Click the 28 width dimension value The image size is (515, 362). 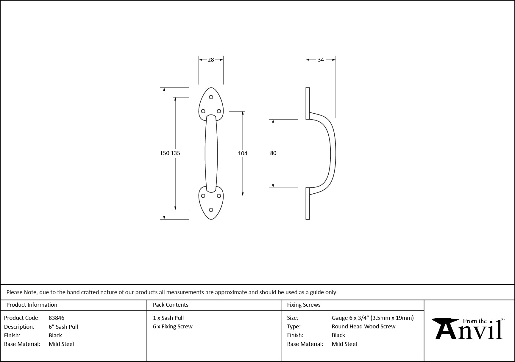(x=211, y=60)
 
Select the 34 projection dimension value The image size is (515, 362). (x=321, y=60)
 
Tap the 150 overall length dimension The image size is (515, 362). (x=165, y=153)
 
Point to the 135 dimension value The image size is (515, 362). (x=176, y=153)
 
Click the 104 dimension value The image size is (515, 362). (x=243, y=153)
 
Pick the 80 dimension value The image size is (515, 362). (x=273, y=153)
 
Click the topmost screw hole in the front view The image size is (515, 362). (x=211, y=97)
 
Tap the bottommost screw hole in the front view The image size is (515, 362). (x=211, y=210)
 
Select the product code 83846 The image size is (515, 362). (x=56, y=318)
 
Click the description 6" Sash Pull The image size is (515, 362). (x=63, y=327)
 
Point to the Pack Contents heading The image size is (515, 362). (x=170, y=305)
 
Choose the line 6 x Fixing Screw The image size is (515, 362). (x=173, y=327)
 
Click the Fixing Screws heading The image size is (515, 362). (x=304, y=305)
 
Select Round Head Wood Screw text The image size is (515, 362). (x=363, y=327)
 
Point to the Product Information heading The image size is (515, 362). (x=32, y=305)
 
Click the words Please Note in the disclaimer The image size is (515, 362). (x=22, y=292)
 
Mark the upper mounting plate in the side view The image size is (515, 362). (x=308, y=103)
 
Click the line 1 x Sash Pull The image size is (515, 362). (x=168, y=318)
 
